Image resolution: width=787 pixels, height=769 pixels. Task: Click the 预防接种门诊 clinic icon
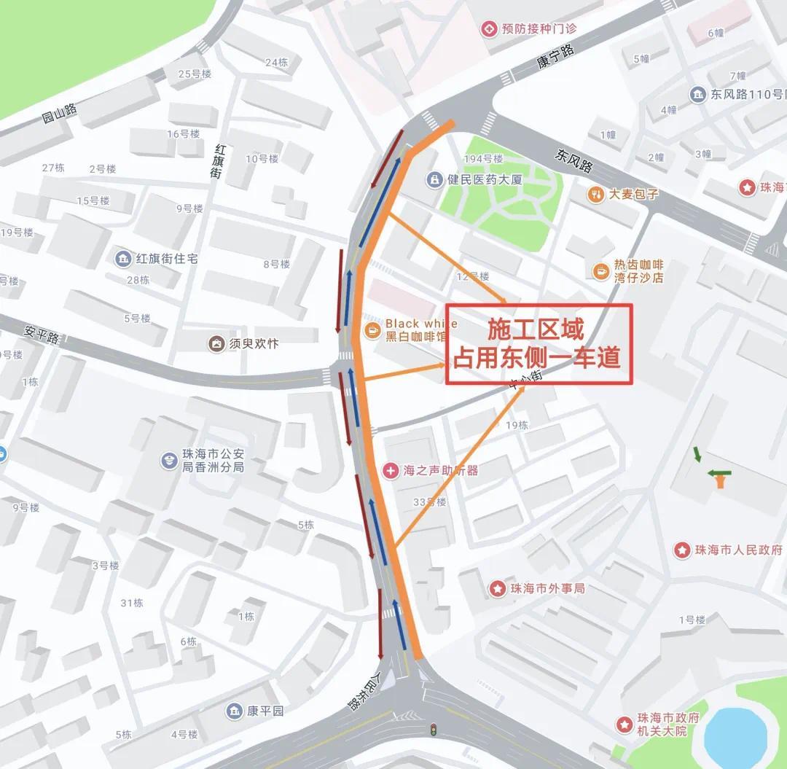[x=488, y=28]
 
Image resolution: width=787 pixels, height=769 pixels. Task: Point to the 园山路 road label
[x=59, y=115]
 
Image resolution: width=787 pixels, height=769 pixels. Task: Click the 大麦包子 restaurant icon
[x=597, y=195]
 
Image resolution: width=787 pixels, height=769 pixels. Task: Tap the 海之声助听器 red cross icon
[x=391, y=470]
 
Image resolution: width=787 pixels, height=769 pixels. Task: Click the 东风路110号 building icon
[x=698, y=95]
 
